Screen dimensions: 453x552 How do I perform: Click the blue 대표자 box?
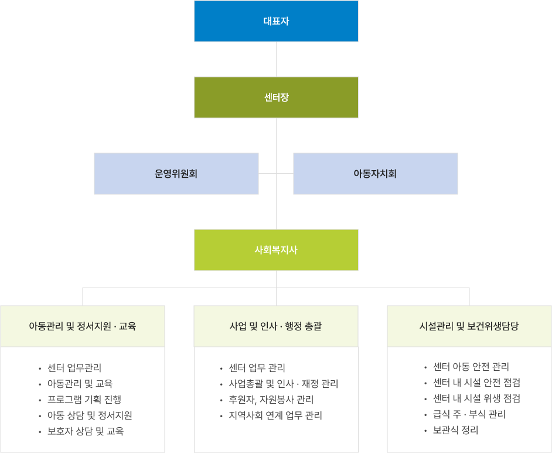pyautogui.click(x=276, y=21)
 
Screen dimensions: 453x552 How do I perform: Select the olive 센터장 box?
pyautogui.click(x=276, y=97)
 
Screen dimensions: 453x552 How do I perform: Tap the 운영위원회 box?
pyautogui.click(x=176, y=174)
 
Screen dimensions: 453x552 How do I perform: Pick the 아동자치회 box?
pyautogui.click(x=375, y=174)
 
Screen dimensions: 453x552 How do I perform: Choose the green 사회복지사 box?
pyautogui.click(x=276, y=250)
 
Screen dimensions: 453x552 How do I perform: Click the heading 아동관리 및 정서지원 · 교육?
pyautogui.click(x=83, y=326)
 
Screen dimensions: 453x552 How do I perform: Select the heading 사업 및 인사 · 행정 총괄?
pyautogui.click(x=276, y=326)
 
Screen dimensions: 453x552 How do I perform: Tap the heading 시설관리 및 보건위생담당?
pyautogui.click(x=469, y=326)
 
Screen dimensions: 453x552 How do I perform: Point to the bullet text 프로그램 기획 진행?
pyautogui.click(x=84, y=400)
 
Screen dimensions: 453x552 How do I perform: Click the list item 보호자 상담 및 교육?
pyautogui.click(x=86, y=431)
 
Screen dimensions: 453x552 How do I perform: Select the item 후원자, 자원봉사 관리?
pyautogui.click(x=271, y=400)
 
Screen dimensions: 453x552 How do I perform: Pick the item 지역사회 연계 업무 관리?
pyautogui.click(x=275, y=415)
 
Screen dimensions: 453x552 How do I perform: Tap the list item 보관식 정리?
pyautogui.click(x=456, y=430)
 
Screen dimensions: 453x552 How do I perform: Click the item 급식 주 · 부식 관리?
pyautogui.click(x=469, y=414)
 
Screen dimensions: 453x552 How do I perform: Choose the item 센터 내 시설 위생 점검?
pyautogui.click(x=476, y=398)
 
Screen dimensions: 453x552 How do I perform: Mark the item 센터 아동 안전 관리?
pyautogui.click(x=471, y=367)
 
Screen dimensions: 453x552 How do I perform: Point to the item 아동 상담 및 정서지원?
pyautogui.click(x=90, y=415)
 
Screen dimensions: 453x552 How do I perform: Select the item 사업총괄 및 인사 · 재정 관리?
pyautogui.click(x=284, y=384)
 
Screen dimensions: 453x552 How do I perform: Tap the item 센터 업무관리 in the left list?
pyautogui.click(x=74, y=368)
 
